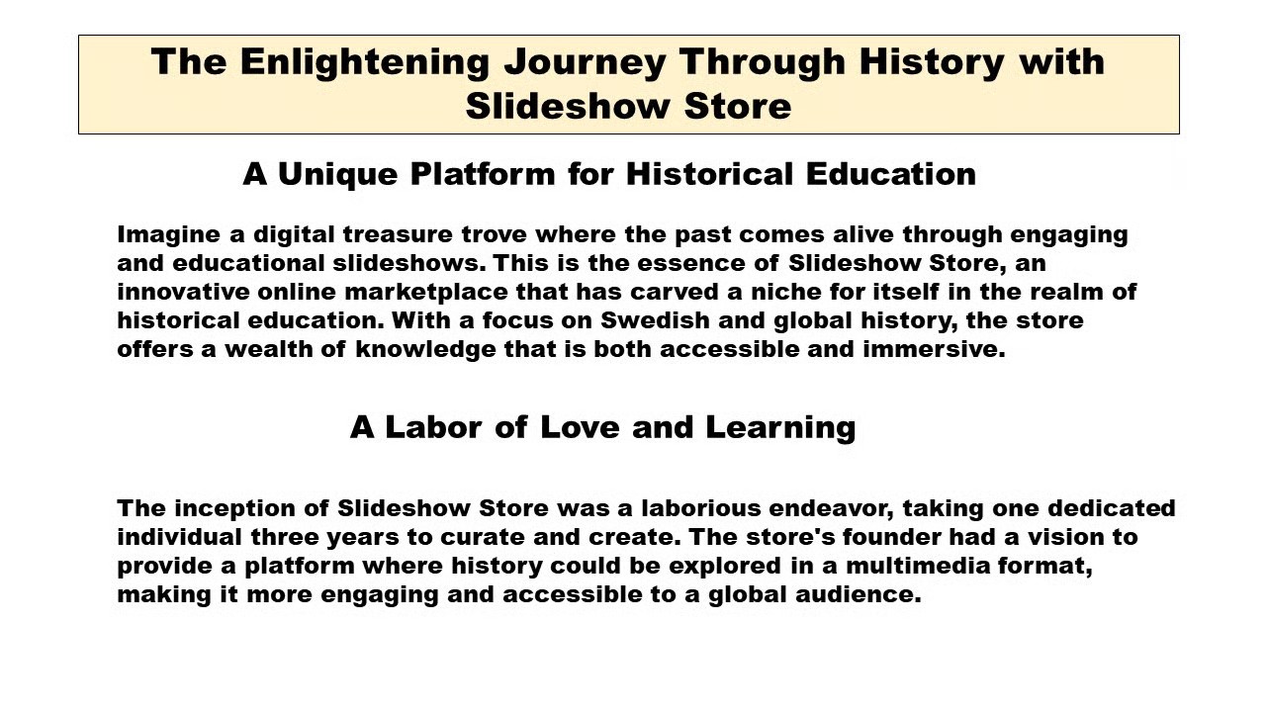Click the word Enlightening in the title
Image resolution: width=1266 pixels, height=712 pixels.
pos(365,62)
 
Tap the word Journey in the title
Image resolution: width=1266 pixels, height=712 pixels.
pos(585,62)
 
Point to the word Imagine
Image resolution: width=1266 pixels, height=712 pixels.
pos(168,235)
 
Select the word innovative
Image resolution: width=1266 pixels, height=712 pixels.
pos(183,292)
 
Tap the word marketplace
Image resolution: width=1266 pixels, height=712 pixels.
pos(425,292)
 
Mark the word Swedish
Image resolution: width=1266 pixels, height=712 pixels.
pos(655,320)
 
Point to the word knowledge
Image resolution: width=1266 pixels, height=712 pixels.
pos(425,350)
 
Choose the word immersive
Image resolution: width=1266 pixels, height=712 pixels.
pos(935,349)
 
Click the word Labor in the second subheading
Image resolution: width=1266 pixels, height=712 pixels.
pos(433,427)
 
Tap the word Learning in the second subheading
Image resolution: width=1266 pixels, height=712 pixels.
pos(780,428)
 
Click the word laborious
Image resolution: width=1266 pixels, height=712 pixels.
pos(701,508)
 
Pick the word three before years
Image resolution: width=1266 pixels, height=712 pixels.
pos(285,537)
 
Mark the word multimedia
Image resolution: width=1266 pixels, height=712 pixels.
pos(918,566)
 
